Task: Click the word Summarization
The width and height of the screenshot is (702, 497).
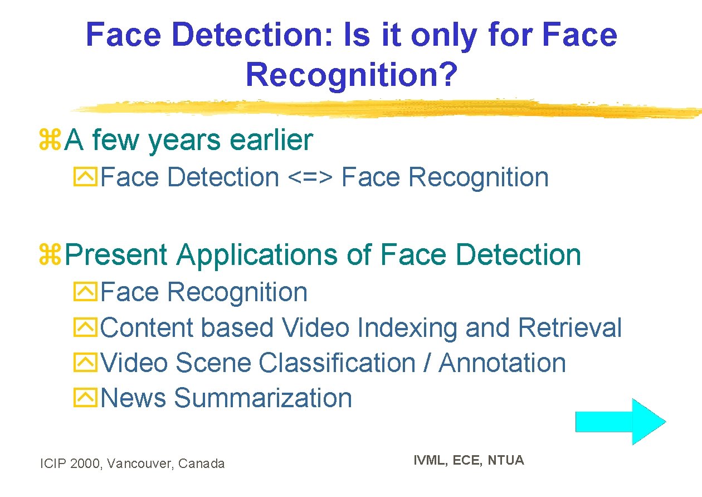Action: (x=263, y=398)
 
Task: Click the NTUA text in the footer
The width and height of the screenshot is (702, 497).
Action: (x=506, y=460)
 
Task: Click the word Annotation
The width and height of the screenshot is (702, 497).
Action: (x=502, y=363)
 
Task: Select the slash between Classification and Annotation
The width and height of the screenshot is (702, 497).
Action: (x=427, y=363)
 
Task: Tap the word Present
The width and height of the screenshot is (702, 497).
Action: (x=116, y=255)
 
